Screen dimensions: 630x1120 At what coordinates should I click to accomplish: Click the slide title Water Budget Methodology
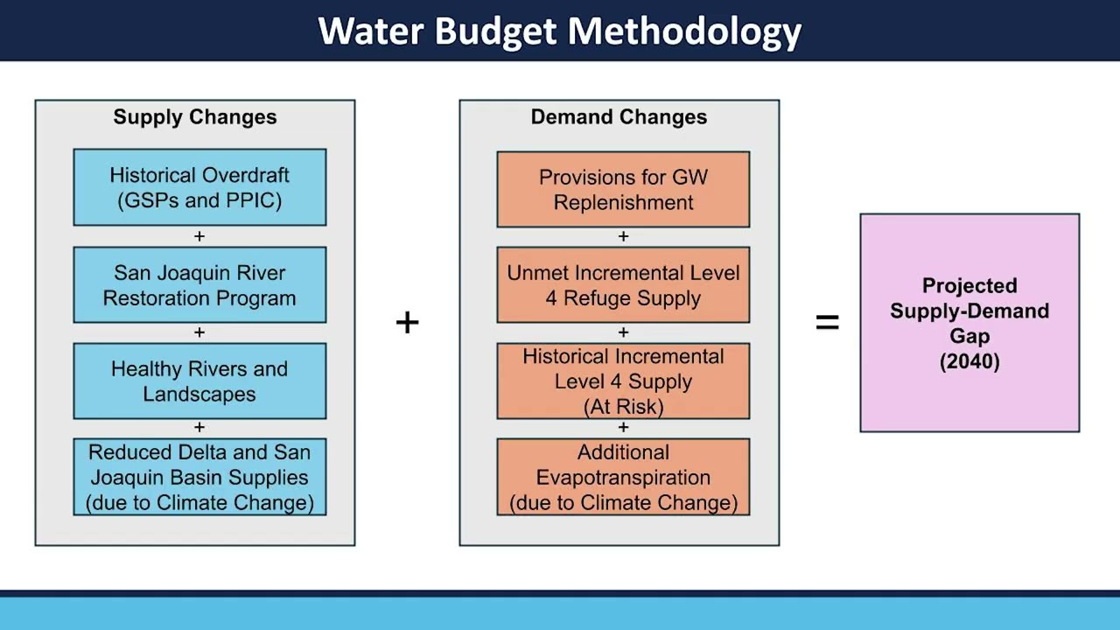tap(560, 31)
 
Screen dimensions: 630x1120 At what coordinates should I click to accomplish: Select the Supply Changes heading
tap(194, 117)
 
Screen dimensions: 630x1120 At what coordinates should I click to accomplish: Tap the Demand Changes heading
tap(619, 117)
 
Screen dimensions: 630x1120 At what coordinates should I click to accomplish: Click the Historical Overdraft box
tap(199, 187)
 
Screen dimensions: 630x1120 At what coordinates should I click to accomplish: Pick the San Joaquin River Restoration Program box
tap(199, 285)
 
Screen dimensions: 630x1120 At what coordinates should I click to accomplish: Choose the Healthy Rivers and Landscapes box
tap(199, 381)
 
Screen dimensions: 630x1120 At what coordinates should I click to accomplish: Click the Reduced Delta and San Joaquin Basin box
tap(199, 477)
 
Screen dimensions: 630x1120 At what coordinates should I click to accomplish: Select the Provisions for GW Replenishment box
tap(623, 189)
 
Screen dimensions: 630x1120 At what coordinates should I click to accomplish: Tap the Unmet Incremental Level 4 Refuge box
tap(623, 285)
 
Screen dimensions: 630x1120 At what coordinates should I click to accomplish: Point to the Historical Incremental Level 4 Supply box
tap(623, 381)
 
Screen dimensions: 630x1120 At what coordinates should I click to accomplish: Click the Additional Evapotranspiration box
tap(623, 477)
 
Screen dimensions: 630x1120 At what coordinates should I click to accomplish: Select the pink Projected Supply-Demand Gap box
tap(969, 323)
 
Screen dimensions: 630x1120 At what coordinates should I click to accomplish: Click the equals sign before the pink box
tap(827, 323)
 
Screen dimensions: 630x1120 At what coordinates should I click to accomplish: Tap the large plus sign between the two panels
tap(407, 323)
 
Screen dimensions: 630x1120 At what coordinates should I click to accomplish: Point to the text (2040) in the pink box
tap(969, 361)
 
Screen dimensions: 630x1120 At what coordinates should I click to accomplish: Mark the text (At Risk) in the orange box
tap(623, 407)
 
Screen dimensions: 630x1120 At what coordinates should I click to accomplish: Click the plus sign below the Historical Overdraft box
tap(199, 236)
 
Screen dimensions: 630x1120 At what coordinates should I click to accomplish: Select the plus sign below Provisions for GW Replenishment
tap(623, 236)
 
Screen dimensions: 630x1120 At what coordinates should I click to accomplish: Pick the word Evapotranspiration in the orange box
tap(623, 478)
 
